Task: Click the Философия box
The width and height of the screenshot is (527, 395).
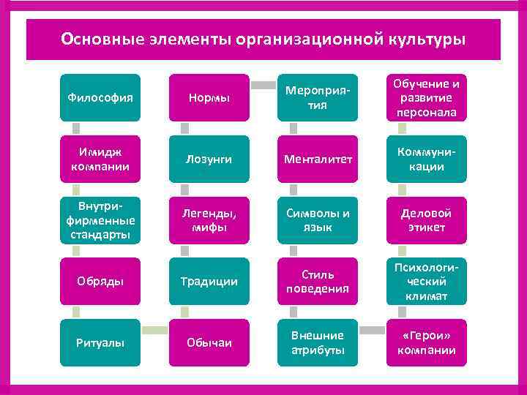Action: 100,97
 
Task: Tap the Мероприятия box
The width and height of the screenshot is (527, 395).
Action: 316,97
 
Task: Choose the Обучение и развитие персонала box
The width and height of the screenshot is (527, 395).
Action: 427,97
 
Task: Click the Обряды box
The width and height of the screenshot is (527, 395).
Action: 100,282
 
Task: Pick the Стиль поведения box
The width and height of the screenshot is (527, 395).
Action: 316,282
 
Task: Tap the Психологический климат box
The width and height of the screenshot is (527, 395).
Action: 427,282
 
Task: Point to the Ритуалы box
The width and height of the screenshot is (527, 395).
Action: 100,342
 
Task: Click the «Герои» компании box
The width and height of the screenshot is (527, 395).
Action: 427,342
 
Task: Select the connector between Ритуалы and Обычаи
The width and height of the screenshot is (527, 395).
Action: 154,331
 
